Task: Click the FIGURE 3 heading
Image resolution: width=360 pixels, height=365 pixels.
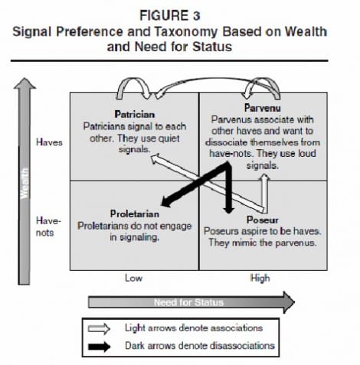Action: [170, 15]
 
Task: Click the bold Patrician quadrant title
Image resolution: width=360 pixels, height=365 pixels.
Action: [135, 114]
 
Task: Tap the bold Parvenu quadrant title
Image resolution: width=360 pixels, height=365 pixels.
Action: [263, 108]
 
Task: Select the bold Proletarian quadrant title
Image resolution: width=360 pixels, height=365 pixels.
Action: [135, 213]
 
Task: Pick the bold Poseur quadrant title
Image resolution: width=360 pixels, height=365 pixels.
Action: [263, 220]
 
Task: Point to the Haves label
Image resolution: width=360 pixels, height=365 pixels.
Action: [49, 142]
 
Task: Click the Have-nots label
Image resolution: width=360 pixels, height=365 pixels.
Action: [48, 226]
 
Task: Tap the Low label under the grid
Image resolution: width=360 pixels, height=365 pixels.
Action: [133, 278]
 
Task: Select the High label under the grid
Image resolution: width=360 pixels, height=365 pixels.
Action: [260, 278]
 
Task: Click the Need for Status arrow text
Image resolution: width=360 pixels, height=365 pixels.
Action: [188, 302]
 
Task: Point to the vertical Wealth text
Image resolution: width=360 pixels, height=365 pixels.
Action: [25, 183]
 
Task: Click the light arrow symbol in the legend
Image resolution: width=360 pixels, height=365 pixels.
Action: [99, 328]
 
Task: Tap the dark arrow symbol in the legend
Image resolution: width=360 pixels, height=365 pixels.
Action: [99, 347]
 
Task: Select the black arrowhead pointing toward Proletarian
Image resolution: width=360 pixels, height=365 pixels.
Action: [167, 201]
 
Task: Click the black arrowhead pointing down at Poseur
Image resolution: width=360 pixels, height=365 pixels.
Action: [229, 210]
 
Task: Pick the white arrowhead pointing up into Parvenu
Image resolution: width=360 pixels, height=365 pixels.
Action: [265, 178]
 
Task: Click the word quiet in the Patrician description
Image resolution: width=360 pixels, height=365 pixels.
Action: [169, 139]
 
